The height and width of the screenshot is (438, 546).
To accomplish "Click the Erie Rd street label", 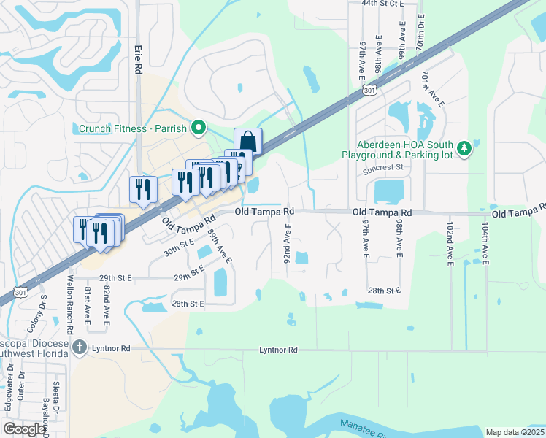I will tap(137, 59).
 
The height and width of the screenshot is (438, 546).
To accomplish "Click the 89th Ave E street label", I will tap(219, 247).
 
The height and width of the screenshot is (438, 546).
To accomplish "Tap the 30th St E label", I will tap(179, 247).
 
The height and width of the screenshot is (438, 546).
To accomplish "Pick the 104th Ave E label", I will tap(484, 243).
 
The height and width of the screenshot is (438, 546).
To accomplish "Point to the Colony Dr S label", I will tap(42, 311).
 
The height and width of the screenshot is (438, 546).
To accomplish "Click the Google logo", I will tap(24, 429).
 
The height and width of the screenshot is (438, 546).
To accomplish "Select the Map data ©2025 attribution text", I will tap(515, 432).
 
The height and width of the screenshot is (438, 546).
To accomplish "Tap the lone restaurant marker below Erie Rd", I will tap(142, 189).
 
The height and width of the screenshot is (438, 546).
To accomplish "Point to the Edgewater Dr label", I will tap(10, 399).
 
